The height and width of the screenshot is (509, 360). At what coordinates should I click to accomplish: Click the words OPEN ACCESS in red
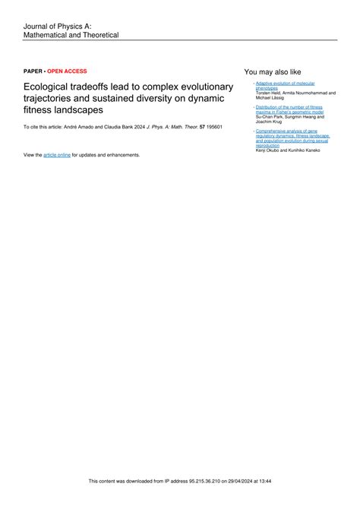tap(67, 71)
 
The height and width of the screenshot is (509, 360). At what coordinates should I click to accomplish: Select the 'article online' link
tap(56, 154)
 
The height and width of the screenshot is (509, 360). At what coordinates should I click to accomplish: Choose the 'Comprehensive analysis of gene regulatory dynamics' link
tap(292, 138)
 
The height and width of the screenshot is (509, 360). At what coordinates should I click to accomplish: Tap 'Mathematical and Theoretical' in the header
tap(71, 35)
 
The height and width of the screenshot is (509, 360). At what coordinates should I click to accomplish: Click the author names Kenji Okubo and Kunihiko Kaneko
tap(288, 150)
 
